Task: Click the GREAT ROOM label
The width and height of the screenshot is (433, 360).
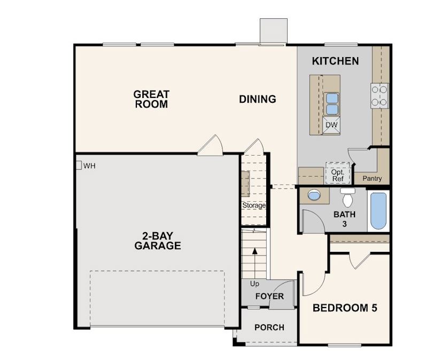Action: tap(151, 99)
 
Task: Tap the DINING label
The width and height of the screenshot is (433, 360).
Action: tap(257, 99)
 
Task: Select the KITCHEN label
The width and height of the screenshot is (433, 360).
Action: tap(335, 61)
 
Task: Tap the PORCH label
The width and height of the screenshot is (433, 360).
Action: tap(269, 327)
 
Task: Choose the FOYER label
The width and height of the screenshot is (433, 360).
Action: tap(269, 296)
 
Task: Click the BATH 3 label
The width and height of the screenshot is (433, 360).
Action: tap(344, 219)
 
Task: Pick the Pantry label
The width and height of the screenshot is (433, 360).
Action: tap(372, 178)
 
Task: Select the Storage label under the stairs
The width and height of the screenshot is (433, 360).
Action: tap(254, 205)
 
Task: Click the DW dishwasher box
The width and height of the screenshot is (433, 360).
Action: tap(331, 125)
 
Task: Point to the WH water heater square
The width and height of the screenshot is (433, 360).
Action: tap(78, 165)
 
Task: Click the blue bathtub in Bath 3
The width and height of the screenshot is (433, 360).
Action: tap(378, 211)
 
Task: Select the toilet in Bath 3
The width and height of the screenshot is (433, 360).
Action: tap(348, 198)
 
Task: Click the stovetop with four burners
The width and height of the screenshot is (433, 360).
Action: tap(380, 96)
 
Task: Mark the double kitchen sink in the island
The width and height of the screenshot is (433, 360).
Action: tap(331, 103)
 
